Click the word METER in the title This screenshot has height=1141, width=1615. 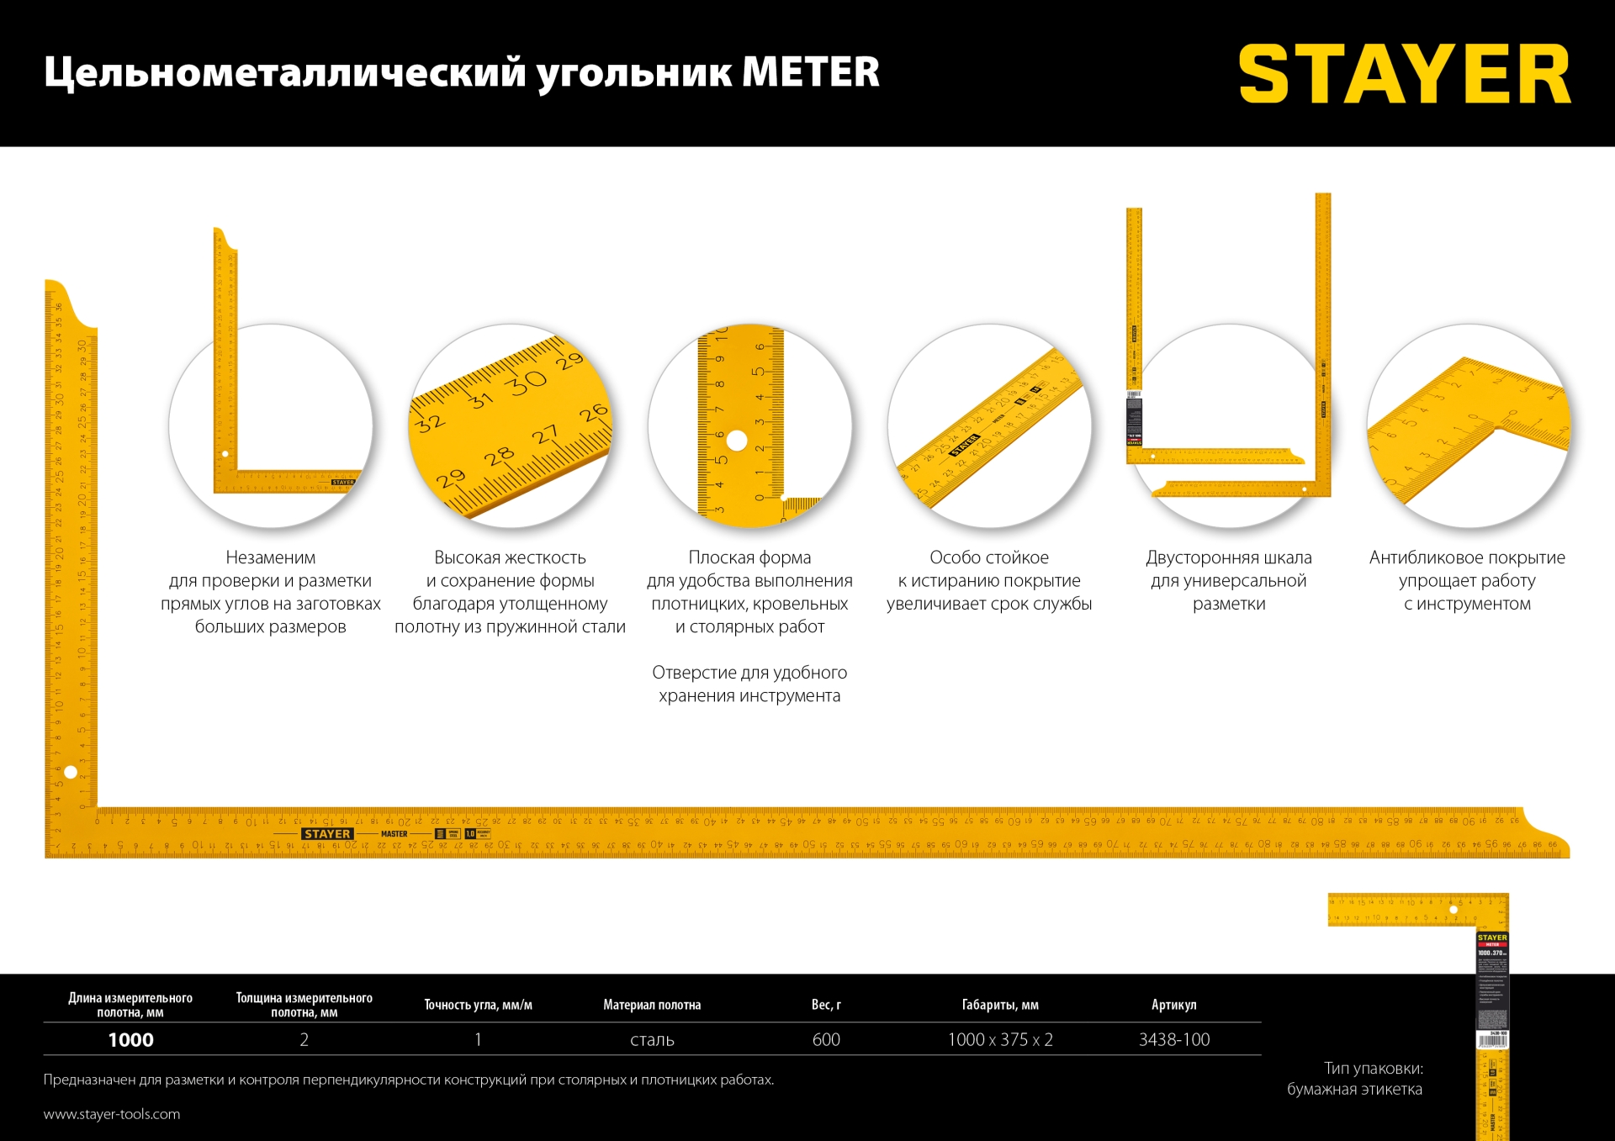coord(810,72)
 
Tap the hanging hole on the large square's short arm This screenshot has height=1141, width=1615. coord(71,772)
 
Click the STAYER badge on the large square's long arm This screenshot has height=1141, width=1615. coord(327,834)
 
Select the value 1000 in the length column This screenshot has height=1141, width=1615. coord(130,1040)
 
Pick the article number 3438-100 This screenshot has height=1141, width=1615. coord(1173,1040)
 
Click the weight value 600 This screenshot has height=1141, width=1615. coord(826,1040)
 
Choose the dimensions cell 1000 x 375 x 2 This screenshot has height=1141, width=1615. coord(999,1040)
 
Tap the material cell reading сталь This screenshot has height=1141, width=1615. coord(652,1040)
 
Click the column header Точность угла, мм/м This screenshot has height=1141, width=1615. coord(478,1005)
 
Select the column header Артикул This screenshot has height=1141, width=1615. coord(1173,1005)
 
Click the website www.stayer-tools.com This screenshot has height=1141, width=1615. coord(112,1114)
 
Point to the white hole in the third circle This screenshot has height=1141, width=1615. coord(737,441)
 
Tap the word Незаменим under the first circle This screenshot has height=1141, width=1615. coord(270,557)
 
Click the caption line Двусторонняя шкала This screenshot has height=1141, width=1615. coord(1228,557)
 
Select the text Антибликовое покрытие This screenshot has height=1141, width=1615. coord(1466,557)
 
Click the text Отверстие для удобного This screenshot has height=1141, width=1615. coord(749,673)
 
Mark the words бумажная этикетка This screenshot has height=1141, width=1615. coord(1354,1090)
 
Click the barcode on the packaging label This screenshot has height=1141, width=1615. coord(1492,1041)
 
